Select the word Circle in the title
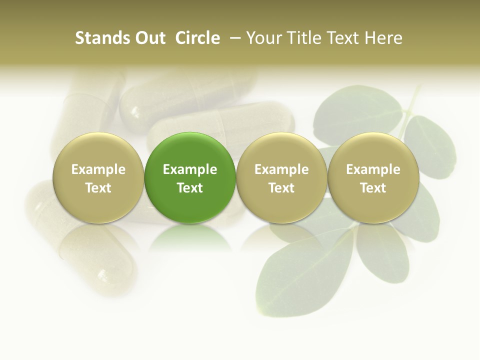(x=198, y=38)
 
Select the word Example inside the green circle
(x=190, y=169)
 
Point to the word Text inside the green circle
(x=190, y=188)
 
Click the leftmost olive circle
(x=98, y=150)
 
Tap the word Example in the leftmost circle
(x=98, y=169)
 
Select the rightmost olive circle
(x=373, y=150)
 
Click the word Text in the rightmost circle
(x=373, y=188)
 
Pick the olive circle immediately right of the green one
(x=281, y=150)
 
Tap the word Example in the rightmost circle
(x=373, y=169)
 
